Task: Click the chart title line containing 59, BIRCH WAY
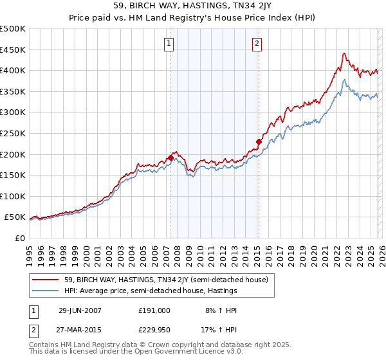click(192, 8)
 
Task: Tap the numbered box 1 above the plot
click(169, 44)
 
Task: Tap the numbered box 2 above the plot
click(257, 44)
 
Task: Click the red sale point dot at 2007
click(170, 157)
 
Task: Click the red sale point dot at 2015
click(259, 141)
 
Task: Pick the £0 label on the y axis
click(19, 239)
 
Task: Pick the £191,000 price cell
click(154, 310)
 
